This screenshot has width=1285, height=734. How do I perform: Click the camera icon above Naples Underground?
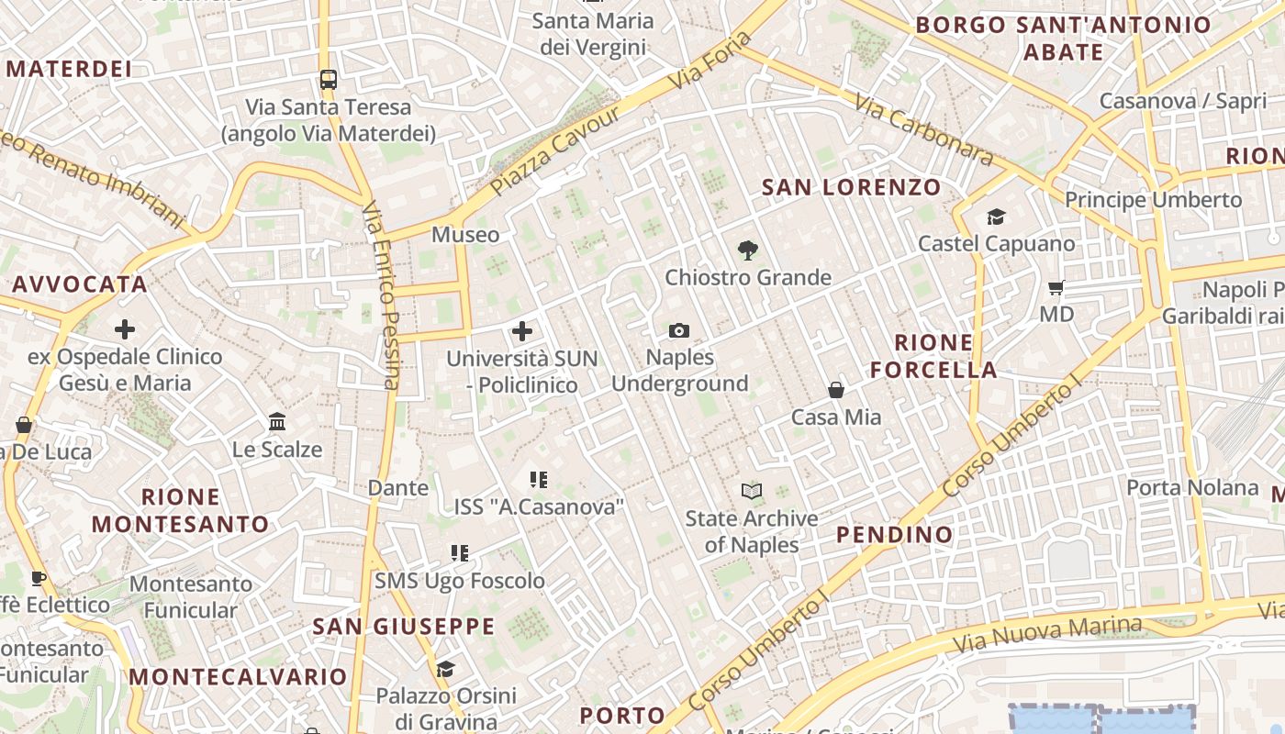679,330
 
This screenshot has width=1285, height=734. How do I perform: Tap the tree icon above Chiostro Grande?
748,250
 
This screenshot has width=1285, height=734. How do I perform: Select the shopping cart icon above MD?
1056,287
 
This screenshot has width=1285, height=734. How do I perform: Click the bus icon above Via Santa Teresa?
329,79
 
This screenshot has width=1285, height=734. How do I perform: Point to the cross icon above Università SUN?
522,330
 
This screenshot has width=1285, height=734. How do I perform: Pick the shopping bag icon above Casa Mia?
836,390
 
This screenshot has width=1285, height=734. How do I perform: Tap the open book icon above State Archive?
752,491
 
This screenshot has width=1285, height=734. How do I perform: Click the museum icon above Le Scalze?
277,422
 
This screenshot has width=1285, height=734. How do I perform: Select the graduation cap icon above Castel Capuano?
996,217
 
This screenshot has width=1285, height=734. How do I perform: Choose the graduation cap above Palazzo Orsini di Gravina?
446,669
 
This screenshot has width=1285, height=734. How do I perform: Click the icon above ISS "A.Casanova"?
539,479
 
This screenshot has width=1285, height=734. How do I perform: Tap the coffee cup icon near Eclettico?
38,578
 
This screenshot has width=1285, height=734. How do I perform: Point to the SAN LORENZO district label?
852,188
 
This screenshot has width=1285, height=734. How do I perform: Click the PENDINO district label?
895,534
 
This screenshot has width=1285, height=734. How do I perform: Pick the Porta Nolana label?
1192,487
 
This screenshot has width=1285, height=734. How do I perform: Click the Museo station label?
465,235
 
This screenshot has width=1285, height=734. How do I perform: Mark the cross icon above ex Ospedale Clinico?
125,329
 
